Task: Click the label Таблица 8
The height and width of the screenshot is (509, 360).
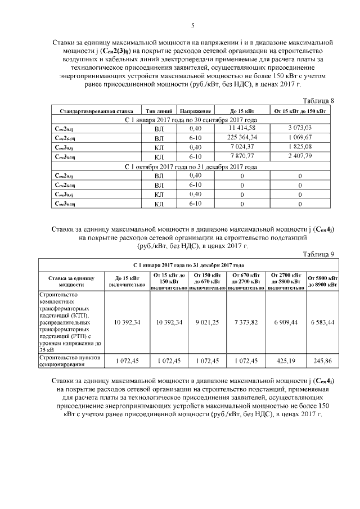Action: click(x=318, y=101)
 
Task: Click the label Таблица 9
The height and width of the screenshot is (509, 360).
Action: click(x=318, y=254)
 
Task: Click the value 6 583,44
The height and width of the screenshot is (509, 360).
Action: click(x=322, y=322)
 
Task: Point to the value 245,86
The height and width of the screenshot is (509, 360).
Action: click(x=322, y=359)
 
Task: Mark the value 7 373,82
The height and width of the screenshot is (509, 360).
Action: click(x=246, y=322)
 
